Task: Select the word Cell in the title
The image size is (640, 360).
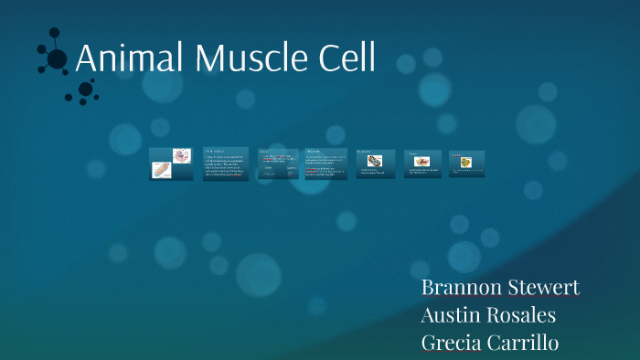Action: tap(345, 58)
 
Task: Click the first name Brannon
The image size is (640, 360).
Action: tap(461, 288)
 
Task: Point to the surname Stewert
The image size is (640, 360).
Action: tap(543, 288)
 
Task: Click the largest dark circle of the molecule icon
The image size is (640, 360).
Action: tap(57, 59)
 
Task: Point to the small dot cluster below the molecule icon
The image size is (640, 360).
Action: tap(85, 90)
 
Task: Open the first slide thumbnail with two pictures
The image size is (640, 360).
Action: tap(171, 164)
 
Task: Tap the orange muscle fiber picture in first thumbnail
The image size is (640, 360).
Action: tap(161, 169)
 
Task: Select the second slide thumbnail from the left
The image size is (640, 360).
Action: tap(226, 164)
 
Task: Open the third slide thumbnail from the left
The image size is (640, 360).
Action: tap(278, 164)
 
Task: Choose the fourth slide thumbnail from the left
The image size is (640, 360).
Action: tap(325, 164)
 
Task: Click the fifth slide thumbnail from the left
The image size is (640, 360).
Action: tap(375, 164)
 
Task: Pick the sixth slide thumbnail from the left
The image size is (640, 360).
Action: tap(422, 164)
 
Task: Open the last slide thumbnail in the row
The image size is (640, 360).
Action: tap(467, 164)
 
